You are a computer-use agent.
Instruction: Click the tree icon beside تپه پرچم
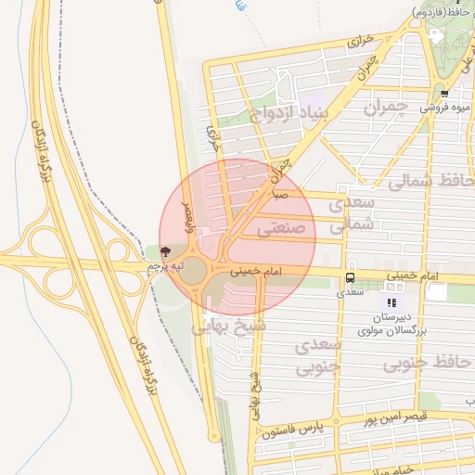(x=166, y=251)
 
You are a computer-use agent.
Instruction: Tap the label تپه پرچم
(x=159, y=267)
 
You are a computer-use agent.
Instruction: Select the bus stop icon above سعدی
(x=350, y=277)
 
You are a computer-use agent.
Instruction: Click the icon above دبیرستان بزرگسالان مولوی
(x=392, y=302)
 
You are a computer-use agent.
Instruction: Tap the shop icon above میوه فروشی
(x=444, y=93)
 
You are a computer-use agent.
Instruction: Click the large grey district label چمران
(x=381, y=107)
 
